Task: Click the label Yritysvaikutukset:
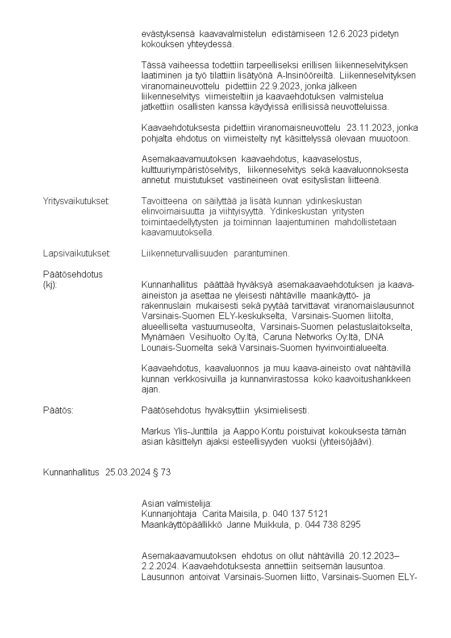77,201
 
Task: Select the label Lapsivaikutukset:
77,253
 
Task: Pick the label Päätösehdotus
73,274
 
